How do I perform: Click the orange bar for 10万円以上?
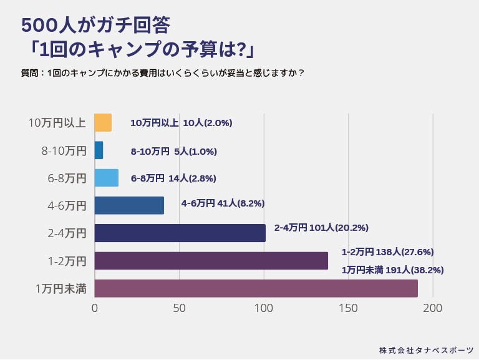[103, 123]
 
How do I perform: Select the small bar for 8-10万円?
[99, 150]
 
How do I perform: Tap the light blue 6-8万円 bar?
[106, 178]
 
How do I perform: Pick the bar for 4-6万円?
[129, 205]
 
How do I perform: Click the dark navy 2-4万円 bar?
[180, 233]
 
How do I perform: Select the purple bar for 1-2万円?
[211, 261]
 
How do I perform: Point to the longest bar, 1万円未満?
[256, 288]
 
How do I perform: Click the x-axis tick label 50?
[180, 308]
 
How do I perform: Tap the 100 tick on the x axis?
[264, 308]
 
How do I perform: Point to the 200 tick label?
[433, 308]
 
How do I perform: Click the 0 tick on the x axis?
[95, 308]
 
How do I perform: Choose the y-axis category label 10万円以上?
[57, 123]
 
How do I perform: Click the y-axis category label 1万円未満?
[60, 288]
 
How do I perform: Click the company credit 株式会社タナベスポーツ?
[426, 350]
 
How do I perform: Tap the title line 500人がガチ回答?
[95, 25]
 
